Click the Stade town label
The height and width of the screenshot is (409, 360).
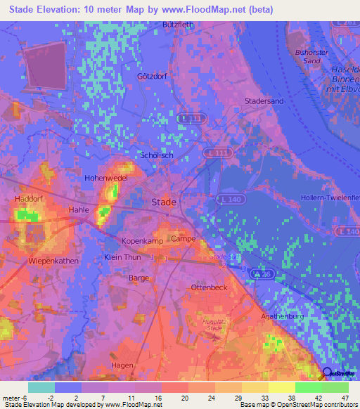[x=164, y=202]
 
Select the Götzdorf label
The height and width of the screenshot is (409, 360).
[x=151, y=76]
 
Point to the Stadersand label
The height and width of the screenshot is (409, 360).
[x=264, y=101]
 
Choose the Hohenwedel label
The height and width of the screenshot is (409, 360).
[x=105, y=178]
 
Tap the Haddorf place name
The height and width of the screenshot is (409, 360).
[x=30, y=200]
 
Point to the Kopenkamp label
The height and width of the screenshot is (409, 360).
[x=143, y=240]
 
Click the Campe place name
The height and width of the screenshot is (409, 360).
[x=183, y=239]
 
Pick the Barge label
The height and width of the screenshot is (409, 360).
[x=139, y=278]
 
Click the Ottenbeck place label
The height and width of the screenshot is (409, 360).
[x=208, y=288]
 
